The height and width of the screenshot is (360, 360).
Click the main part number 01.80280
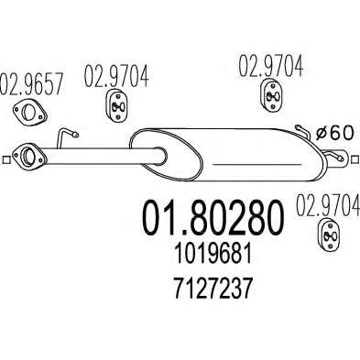(213, 218)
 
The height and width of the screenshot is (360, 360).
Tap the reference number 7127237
(213, 289)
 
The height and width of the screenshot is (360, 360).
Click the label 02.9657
(31, 83)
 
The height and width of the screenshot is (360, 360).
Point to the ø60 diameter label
(334, 133)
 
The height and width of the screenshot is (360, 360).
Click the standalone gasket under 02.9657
(29, 112)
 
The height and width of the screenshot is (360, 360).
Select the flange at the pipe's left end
(29, 155)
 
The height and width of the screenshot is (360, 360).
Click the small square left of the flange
(5, 159)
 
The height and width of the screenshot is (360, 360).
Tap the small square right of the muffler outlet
(355, 159)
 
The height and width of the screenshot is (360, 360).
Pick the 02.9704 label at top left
(116, 76)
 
